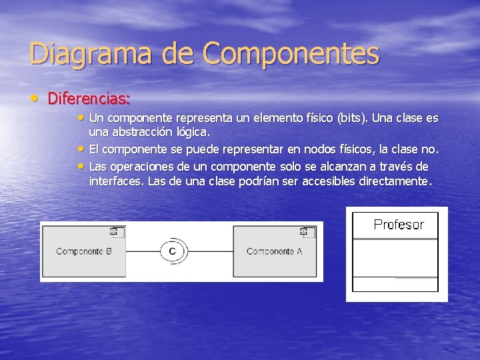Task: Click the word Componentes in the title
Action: (x=291, y=54)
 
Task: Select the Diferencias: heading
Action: (x=89, y=99)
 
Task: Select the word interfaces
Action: (x=115, y=181)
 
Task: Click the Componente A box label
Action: (x=274, y=251)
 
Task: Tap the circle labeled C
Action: (x=172, y=251)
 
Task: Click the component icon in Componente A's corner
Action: (x=305, y=231)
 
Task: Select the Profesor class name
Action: (x=399, y=225)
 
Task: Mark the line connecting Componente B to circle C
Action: (x=142, y=251)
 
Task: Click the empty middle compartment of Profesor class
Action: (x=395, y=257)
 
